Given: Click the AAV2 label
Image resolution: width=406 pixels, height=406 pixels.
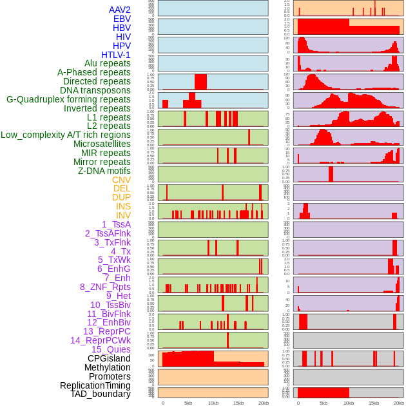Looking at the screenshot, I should pyautogui.click(x=120, y=10).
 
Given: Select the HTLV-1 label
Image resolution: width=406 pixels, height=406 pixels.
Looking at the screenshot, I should pyautogui.click(x=116, y=55).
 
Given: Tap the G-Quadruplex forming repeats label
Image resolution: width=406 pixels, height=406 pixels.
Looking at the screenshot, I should pyautogui.click(x=68, y=99).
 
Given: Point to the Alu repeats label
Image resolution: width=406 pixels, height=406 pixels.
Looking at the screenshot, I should pyautogui.click(x=108, y=63).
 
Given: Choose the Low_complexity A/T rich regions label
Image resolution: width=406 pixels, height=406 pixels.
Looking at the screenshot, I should pyautogui.click(x=66, y=135).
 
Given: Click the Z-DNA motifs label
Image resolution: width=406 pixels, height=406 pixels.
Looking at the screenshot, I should pyautogui.click(x=104, y=171).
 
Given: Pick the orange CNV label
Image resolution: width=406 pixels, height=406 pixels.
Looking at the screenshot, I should pyautogui.click(x=121, y=180).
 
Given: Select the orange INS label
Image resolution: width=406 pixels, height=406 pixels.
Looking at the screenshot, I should pyautogui.click(x=122, y=206).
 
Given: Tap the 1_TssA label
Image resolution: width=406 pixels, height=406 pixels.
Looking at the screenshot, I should pyautogui.click(x=116, y=224).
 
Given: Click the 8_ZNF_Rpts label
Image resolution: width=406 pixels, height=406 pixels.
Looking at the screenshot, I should pyautogui.click(x=105, y=287).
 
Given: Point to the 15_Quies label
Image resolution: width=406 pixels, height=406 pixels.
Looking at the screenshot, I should pyautogui.click(x=111, y=349).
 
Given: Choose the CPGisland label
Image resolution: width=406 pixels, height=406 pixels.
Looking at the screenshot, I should pyautogui.click(x=109, y=358).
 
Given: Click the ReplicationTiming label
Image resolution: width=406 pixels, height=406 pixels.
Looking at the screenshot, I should pyautogui.click(x=95, y=385).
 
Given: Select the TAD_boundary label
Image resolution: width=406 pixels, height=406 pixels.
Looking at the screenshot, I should pyautogui.click(x=101, y=394).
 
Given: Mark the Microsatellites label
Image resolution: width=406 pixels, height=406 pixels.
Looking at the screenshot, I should pyautogui.click(x=102, y=144).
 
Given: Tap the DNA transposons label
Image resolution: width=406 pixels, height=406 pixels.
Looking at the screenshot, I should pyautogui.click(x=95, y=90).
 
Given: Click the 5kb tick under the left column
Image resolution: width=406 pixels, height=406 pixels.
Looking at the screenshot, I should pyautogui.click(x=188, y=403).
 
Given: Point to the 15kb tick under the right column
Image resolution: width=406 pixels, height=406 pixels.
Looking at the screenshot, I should pyautogui.click(x=374, y=403).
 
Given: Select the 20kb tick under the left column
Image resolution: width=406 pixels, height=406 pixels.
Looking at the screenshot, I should pyautogui.click(x=263, y=403).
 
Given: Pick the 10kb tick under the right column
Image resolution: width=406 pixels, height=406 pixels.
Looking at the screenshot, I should pyautogui.click(x=349, y=403).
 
